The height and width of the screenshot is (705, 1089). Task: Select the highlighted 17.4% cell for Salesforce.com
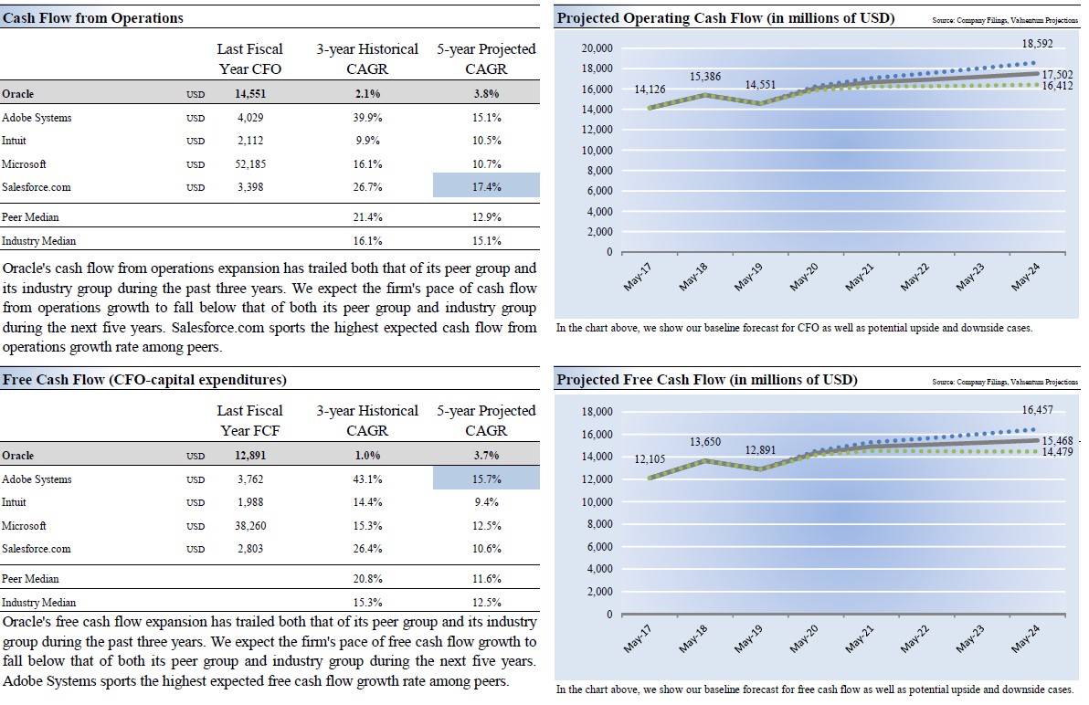[x=486, y=187]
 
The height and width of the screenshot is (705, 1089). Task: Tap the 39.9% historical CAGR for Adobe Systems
[x=367, y=118]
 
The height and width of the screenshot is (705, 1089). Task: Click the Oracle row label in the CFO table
[x=18, y=93]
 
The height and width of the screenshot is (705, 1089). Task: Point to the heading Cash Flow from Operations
[x=94, y=18]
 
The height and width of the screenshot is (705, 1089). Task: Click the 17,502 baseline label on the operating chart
[x=1057, y=75]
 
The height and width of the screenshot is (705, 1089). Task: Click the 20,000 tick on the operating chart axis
[x=597, y=48]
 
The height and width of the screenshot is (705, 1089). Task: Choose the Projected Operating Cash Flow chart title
[x=725, y=18]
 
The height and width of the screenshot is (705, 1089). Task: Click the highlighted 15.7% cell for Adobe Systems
[x=486, y=479]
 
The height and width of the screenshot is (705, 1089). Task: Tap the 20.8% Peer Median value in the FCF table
[x=367, y=579]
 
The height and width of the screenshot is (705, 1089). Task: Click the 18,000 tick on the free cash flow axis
[x=597, y=412]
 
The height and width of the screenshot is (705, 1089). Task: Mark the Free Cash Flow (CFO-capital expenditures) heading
[x=143, y=380]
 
